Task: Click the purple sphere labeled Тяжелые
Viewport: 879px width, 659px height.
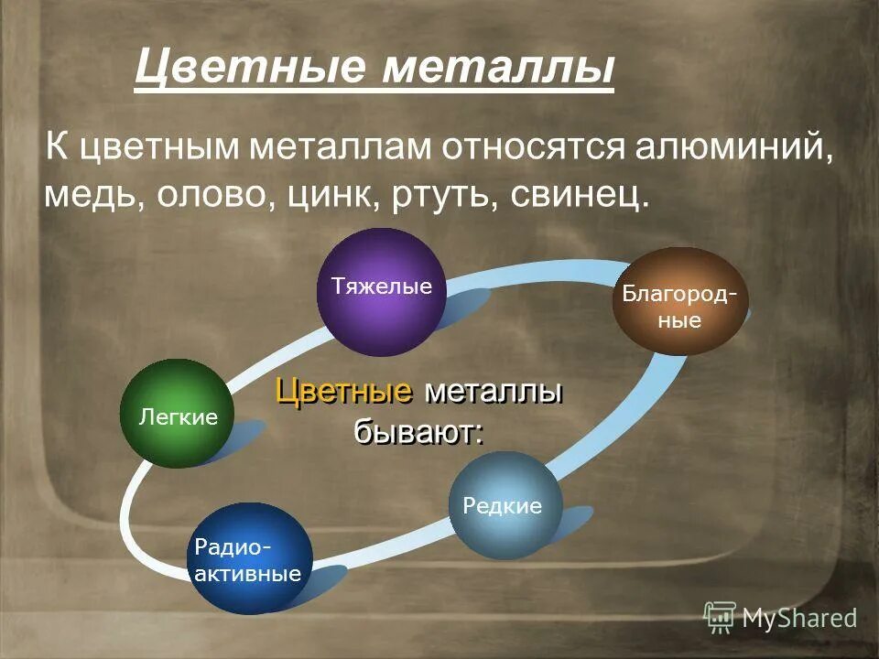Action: pos(374,292)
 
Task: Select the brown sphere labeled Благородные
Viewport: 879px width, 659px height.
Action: pos(678,301)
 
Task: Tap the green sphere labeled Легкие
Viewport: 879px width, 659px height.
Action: pos(178,414)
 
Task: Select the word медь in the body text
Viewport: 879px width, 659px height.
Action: pos(87,195)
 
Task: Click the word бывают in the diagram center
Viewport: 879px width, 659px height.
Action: pos(418,430)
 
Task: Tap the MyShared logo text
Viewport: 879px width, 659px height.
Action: pos(799,617)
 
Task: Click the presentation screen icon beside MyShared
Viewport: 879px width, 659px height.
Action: pos(720,618)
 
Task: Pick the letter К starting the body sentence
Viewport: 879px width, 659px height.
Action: pos(58,149)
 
